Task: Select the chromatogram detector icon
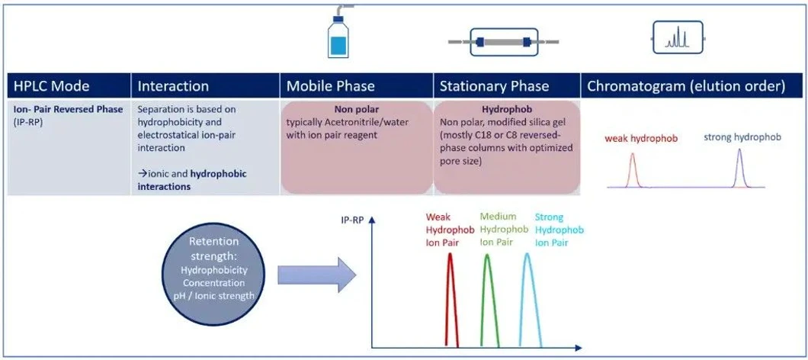pyautogui.click(x=677, y=37)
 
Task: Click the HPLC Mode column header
pyautogui.click(x=50, y=85)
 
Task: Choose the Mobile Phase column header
pyautogui.click(x=330, y=85)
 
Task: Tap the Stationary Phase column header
pyautogui.click(x=493, y=85)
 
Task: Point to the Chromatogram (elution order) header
pyautogui.click(x=685, y=85)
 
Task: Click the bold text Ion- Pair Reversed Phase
pyautogui.click(x=68, y=109)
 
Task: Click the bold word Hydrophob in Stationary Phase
pyautogui.click(x=507, y=109)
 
